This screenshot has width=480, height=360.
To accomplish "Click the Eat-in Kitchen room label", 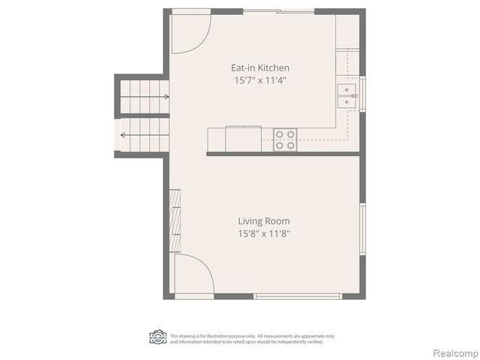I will pos(259,67).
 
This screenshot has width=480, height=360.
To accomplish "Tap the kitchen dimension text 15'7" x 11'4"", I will pos(259,79).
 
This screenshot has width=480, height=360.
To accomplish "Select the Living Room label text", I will pos(264,221).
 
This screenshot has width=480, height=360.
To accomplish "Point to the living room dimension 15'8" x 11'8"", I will pos(264,233).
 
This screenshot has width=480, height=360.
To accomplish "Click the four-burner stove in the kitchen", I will pos(285,139).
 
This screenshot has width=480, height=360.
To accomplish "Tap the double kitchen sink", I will pos(347,96).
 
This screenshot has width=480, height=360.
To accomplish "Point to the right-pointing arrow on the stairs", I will pos(164,96).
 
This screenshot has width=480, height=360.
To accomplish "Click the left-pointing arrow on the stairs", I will pos(124,136).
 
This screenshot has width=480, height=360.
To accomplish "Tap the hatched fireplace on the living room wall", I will pos(175,221).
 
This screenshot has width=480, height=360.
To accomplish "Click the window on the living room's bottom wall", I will pos(298,296).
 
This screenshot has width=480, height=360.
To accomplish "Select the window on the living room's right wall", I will pos(363,229).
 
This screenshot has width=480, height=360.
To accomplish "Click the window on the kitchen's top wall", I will pos(278,11).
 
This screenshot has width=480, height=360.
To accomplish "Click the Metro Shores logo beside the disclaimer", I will pos(157,337).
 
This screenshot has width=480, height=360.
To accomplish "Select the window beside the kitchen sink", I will pos(363,94).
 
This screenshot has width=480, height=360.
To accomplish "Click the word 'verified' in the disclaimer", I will pos(313,342).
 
